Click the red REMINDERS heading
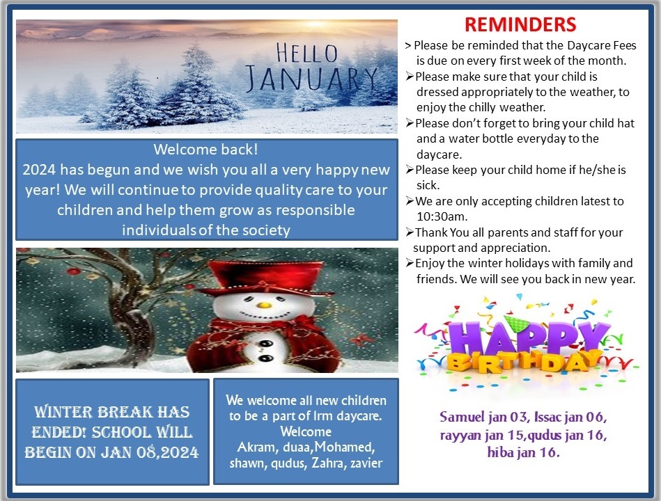click(x=520, y=24)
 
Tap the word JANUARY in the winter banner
click(x=311, y=79)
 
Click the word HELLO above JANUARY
click(x=307, y=53)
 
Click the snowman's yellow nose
click(x=264, y=304)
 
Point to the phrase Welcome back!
click(x=205, y=150)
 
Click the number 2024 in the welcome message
click(x=39, y=170)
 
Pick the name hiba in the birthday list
click(x=500, y=452)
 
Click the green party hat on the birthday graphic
click(x=512, y=322)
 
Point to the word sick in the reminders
click(x=428, y=185)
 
